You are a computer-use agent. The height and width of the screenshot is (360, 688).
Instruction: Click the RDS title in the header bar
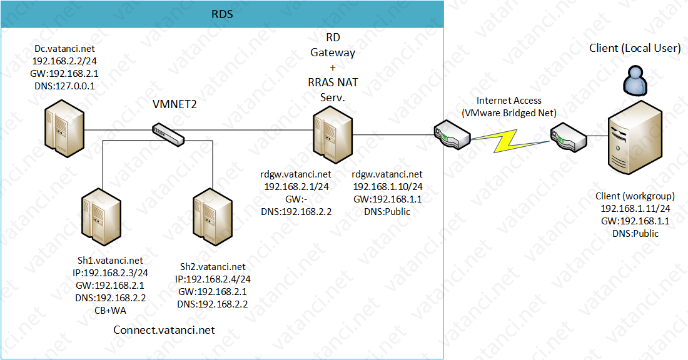coord(222,14)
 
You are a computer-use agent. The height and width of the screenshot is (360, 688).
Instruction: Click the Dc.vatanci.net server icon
coord(64,129)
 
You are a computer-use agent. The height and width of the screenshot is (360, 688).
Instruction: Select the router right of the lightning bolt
coord(568,135)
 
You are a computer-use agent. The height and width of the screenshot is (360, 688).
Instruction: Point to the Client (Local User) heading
coord(635,48)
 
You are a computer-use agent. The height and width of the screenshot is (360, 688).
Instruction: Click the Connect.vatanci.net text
coord(164,329)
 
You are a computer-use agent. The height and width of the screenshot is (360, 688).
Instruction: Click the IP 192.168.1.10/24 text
coord(387,186)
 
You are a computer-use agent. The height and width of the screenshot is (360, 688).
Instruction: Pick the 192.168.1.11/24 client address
coord(635,209)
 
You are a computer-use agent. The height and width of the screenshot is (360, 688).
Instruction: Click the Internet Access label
coord(509,100)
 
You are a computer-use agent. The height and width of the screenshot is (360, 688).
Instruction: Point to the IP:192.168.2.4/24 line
coord(217,279)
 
